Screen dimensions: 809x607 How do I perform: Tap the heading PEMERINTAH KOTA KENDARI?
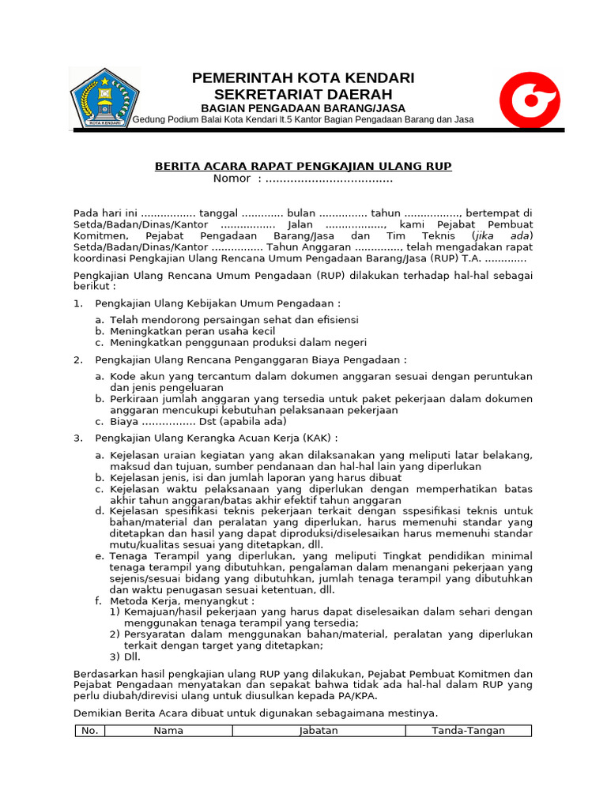(303, 77)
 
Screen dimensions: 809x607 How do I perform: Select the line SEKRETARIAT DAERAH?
(303, 93)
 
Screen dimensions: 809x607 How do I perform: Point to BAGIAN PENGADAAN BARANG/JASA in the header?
(303, 107)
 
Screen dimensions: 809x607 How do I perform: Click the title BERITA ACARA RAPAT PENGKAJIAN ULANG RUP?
(303, 166)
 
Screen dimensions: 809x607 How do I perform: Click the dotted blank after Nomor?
(329, 179)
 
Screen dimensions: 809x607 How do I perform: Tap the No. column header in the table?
(90, 731)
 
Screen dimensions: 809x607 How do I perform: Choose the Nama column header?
(168, 731)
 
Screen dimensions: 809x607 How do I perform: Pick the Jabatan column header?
(319, 731)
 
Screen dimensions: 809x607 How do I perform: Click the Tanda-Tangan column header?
(468, 731)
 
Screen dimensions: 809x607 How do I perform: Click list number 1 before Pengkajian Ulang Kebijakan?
(77, 303)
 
